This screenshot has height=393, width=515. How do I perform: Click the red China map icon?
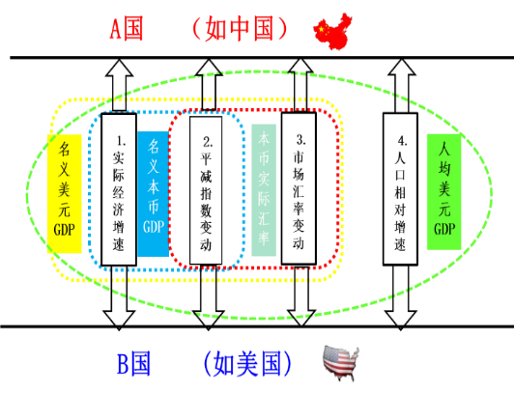point(332,32)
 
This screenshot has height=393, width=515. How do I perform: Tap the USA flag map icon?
point(341,362)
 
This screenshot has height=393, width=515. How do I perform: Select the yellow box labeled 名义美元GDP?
point(65,194)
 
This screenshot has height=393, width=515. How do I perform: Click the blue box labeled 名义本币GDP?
point(153,194)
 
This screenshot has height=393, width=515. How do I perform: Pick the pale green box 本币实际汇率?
point(264,190)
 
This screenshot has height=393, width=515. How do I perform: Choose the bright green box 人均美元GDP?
point(444,192)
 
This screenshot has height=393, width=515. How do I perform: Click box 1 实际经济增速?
point(119,189)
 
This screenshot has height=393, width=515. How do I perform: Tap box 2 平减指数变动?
point(206,190)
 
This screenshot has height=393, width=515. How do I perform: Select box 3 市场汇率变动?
point(299,188)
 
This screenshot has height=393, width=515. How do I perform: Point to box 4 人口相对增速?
point(400,189)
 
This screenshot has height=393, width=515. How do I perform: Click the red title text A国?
point(127,29)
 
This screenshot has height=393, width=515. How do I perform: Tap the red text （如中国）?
point(240,29)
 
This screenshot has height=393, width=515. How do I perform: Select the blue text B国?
point(133,363)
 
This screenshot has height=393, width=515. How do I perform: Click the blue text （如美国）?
point(247,364)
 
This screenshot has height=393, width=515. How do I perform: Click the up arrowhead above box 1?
point(119,68)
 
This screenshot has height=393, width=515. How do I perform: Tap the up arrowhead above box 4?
point(401,68)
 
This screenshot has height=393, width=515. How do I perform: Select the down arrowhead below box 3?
point(301,318)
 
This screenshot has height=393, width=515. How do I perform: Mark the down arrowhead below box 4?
point(400,321)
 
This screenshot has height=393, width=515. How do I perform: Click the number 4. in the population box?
point(402,141)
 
